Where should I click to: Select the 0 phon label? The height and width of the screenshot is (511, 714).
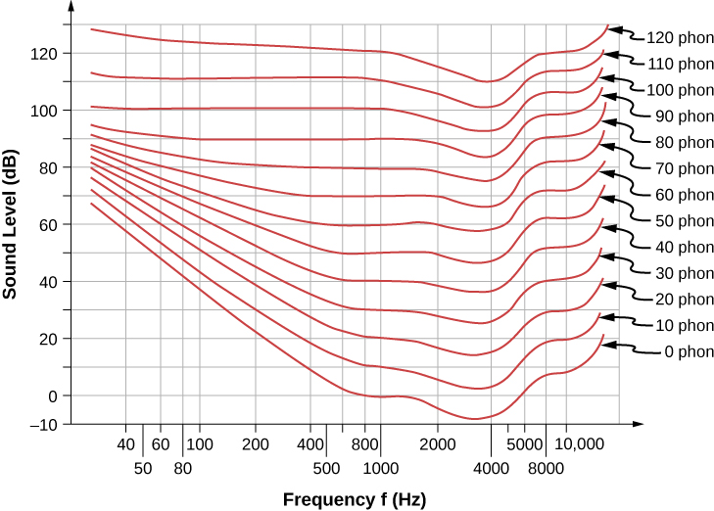click(x=681, y=351)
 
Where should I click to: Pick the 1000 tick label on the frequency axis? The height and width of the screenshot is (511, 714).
click(x=378, y=467)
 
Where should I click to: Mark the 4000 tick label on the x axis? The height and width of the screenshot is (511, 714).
click(x=491, y=467)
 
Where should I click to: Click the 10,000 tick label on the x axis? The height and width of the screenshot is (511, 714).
click(x=580, y=443)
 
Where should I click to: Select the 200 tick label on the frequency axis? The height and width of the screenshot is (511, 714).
click(x=256, y=443)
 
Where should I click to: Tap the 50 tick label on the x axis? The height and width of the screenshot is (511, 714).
click(x=143, y=467)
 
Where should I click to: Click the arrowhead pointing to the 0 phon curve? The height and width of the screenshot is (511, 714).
click(x=608, y=344)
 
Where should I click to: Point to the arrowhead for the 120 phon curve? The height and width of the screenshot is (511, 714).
click(x=609, y=29)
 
